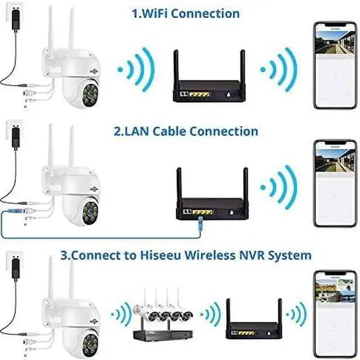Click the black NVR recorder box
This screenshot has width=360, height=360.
[160, 335]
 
